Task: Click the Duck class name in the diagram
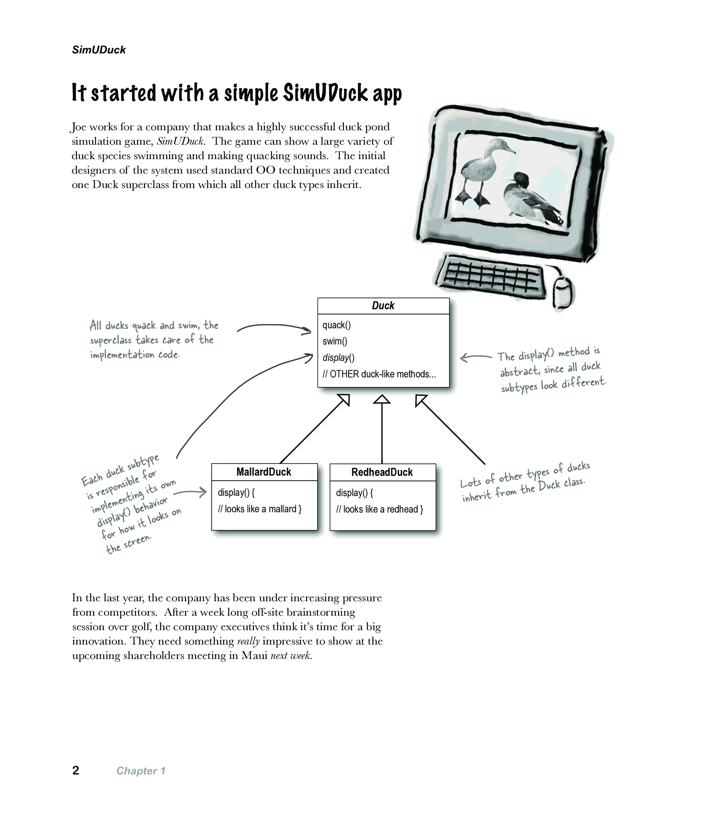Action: (x=383, y=306)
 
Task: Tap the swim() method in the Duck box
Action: (x=335, y=341)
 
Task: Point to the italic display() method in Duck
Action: (x=338, y=358)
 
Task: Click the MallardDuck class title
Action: (x=264, y=472)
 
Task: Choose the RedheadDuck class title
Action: (x=382, y=472)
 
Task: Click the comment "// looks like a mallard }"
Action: (x=260, y=509)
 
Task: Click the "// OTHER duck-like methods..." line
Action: (x=379, y=374)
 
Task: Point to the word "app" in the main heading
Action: (x=387, y=94)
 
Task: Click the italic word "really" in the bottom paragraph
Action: (x=248, y=641)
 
